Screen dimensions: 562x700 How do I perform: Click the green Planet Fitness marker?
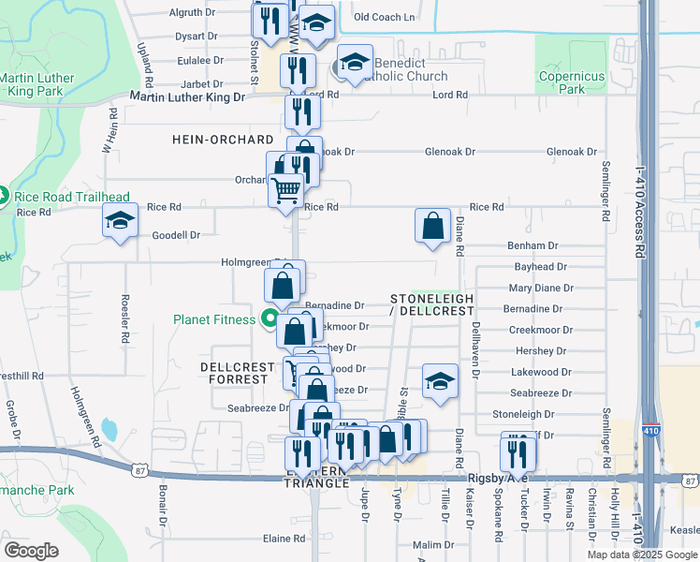point(270,319)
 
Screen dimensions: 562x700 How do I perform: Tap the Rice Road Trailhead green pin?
point(5,197)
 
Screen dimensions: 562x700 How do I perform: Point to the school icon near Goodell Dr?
point(121,221)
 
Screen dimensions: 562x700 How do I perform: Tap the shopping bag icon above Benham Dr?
point(433,226)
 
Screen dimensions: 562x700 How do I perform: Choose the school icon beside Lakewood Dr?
point(440,381)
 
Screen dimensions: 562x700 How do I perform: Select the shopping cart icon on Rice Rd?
point(285,190)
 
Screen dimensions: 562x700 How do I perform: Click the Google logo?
point(32,550)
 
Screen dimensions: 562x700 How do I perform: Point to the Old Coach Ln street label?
point(384,17)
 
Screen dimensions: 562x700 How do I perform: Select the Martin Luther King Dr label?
point(187,96)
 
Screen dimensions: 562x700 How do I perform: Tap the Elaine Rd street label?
point(284,539)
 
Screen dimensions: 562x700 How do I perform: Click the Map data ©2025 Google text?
point(641,555)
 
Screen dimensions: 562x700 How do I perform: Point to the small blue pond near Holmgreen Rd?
point(109,430)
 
